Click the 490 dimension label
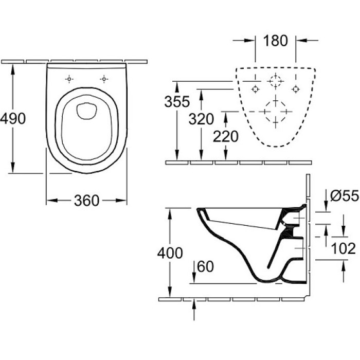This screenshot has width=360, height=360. (x=13, y=119)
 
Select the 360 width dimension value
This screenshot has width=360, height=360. (x=86, y=201)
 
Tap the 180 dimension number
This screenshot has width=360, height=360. (x=276, y=41)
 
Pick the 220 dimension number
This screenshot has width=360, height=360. (x=226, y=137)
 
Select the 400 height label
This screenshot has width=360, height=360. (x=170, y=253)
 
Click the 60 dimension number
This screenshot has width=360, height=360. (x=205, y=266)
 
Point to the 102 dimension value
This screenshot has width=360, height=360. (x=343, y=249)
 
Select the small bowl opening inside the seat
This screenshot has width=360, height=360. (x=86, y=110)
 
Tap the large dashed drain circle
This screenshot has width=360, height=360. (x=276, y=111)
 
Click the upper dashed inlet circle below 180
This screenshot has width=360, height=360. (x=276, y=82)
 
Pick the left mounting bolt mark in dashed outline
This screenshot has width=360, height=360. (x=256, y=89)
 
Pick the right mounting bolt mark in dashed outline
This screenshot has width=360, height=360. (x=296, y=89)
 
